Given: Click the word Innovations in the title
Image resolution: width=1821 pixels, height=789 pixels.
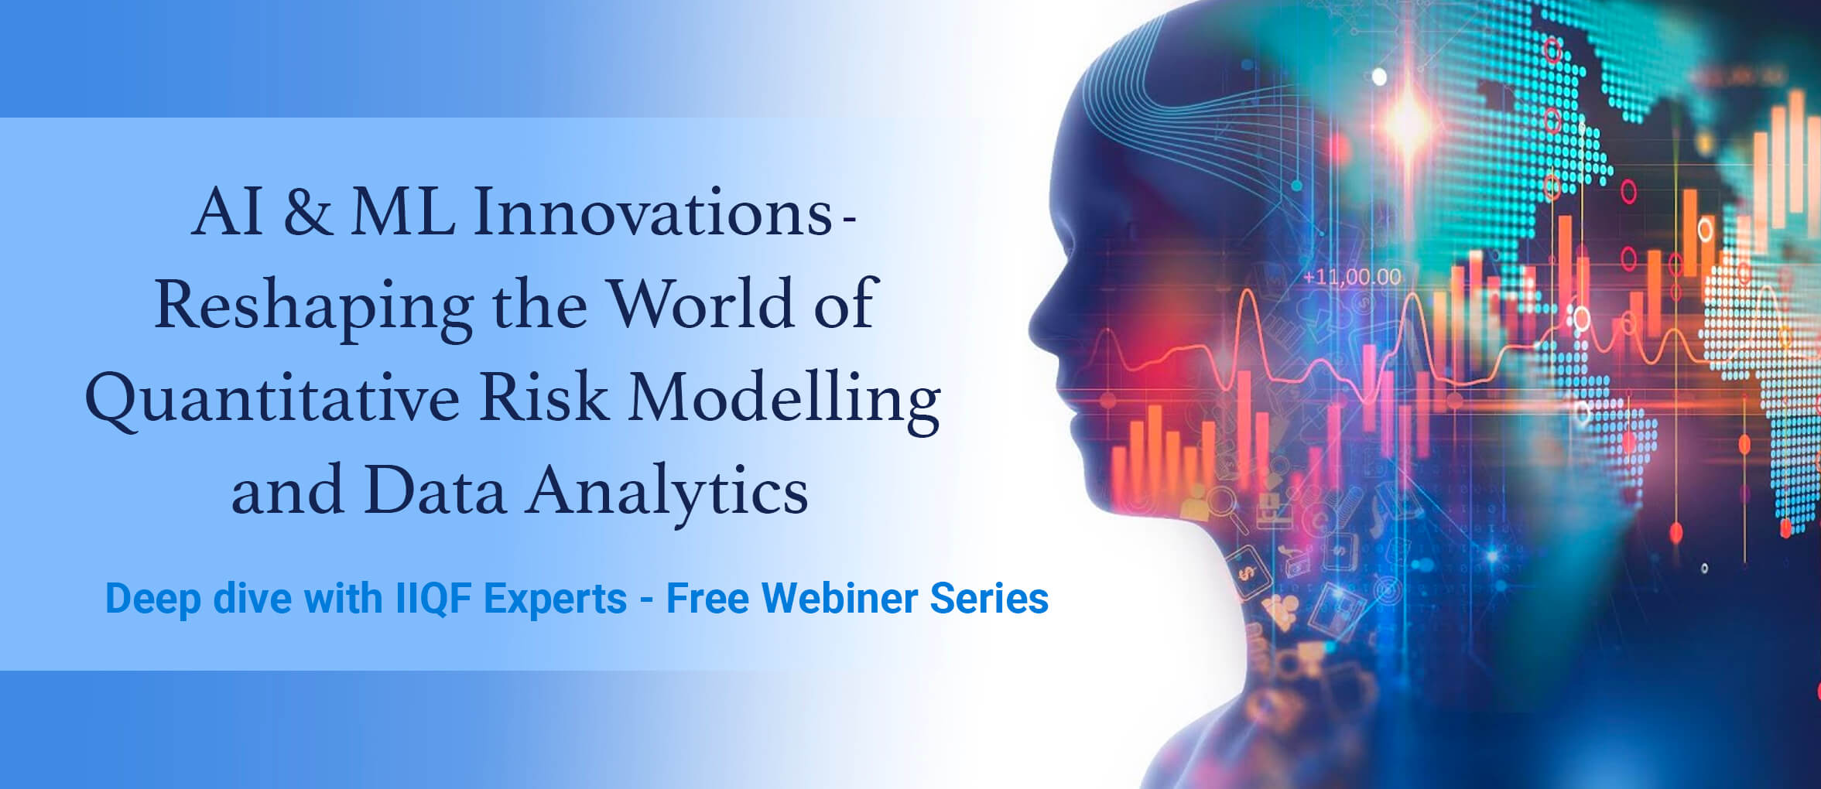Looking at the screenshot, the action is coord(652,212).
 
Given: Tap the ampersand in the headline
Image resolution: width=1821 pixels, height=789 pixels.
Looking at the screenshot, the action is coord(308,212).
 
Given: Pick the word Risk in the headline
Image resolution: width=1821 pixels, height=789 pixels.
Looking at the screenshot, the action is coord(543,397).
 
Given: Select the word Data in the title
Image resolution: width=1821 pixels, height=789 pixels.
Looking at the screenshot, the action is coord(435,490).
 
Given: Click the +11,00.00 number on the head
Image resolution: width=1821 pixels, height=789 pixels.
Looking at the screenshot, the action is coord(1352,277).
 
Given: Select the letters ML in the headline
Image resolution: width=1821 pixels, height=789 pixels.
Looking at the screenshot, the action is coord(403,212).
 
